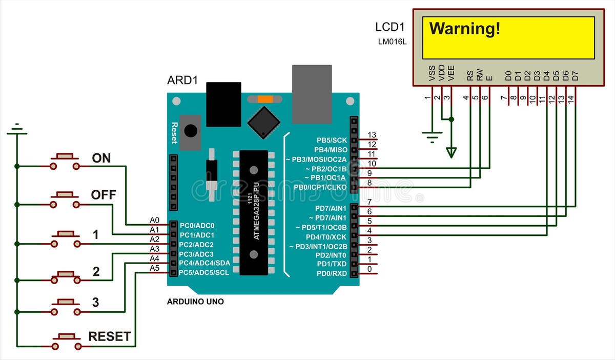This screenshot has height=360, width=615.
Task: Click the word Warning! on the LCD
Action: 464,29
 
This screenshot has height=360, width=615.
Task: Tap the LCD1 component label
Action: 391,27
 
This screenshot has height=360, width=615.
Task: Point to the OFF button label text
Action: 104,195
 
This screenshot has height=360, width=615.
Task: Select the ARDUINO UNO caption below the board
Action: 195,302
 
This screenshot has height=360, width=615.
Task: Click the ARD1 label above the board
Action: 182,81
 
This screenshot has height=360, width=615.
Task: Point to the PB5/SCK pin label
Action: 332,140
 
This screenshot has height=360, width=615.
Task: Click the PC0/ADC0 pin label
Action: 197,226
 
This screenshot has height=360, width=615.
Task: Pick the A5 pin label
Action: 154,268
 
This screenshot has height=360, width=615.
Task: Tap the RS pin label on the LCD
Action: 470,76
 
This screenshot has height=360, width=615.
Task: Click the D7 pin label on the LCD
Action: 575,76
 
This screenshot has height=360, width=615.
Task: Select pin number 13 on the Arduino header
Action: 372,135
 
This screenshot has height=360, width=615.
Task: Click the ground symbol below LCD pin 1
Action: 432,137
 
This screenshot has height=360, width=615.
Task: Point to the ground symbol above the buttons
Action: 17,129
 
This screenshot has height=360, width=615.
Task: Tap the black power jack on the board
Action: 223,104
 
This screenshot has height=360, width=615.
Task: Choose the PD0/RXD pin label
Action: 332,273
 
